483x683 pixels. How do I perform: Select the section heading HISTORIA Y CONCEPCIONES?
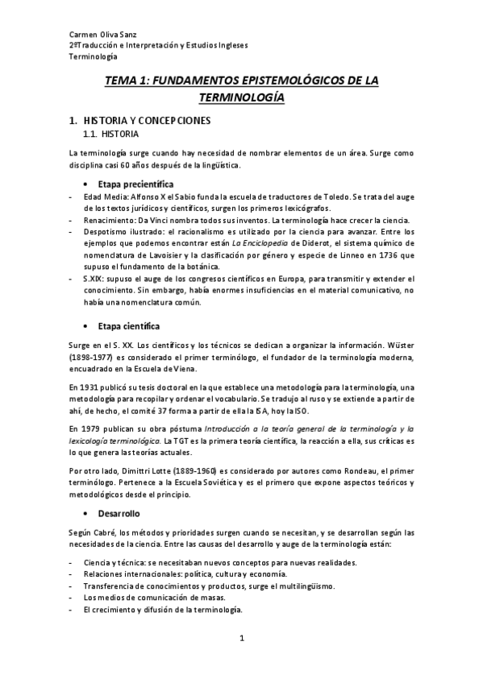pos(147,121)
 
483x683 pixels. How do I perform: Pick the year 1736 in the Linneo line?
pos(381,255)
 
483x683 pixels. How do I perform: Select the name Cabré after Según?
pos(106,532)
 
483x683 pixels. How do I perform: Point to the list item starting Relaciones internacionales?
pos(184,573)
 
